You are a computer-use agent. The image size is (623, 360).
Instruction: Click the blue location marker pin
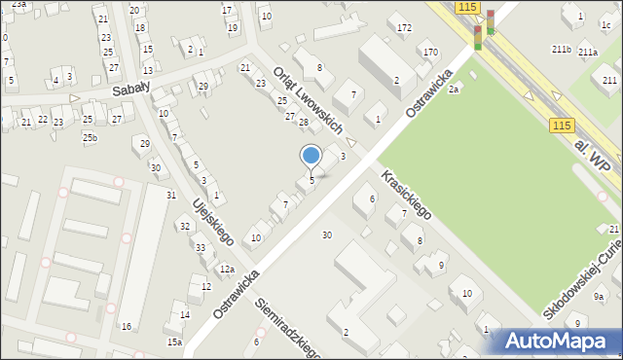311,156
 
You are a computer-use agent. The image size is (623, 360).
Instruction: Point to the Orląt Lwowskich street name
308,100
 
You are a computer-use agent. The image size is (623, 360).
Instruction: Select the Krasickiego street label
400,190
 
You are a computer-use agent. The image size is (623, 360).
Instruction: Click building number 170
430,52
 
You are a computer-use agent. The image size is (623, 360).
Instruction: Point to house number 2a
454,90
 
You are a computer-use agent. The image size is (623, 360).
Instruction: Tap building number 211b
561,49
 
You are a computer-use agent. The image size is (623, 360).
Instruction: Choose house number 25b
90,138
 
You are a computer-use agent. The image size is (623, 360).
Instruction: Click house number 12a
227,270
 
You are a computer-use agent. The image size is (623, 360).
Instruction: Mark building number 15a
174,342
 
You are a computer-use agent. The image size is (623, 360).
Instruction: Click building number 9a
600,297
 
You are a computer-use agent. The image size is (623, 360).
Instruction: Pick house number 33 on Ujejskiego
200,248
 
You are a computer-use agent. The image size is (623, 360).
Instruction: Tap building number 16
126,327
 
